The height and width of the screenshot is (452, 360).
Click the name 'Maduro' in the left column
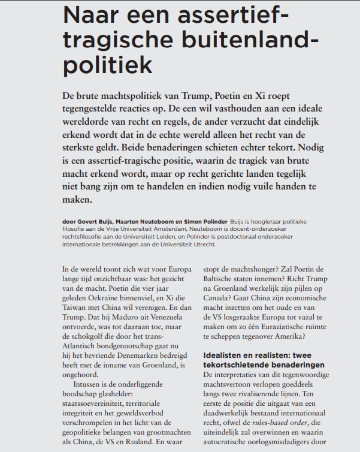128,327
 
